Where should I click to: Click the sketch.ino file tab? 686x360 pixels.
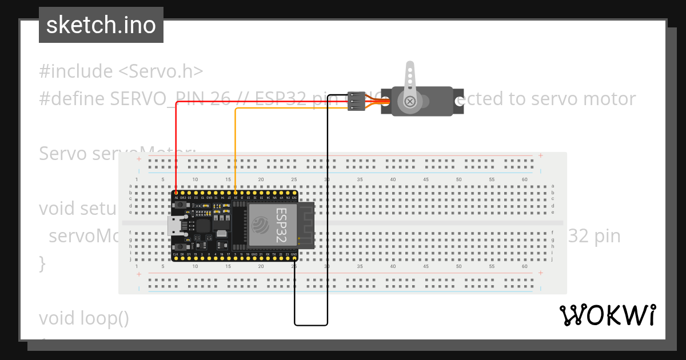(101, 25)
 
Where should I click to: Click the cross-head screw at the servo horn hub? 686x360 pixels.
(410, 102)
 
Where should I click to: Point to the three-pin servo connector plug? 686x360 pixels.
(356, 101)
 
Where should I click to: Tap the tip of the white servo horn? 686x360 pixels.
(410, 66)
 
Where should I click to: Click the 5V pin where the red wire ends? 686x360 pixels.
(176, 194)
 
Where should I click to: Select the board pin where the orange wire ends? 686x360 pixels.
(236, 194)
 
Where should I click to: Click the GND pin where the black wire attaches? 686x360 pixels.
(294, 258)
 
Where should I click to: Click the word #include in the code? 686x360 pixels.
(76, 71)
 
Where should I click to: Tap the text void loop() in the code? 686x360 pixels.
(84, 318)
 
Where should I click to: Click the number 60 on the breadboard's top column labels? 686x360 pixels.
(525, 179)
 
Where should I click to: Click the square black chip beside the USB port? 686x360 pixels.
(202, 225)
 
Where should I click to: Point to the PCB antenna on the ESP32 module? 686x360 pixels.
(306, 226)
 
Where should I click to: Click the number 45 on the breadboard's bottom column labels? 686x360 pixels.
(426, 266)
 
